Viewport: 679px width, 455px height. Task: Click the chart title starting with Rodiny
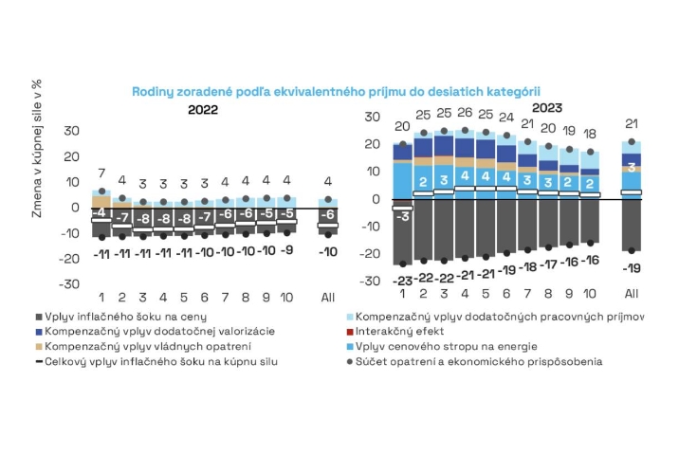click(342, 91)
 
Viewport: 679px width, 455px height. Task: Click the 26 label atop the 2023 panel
click(465, 114)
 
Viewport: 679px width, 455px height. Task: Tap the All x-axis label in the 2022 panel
click(328, 297)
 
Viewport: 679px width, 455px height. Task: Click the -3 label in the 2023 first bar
click(402, 216)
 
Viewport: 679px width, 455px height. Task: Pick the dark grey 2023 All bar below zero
click(631, 224)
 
